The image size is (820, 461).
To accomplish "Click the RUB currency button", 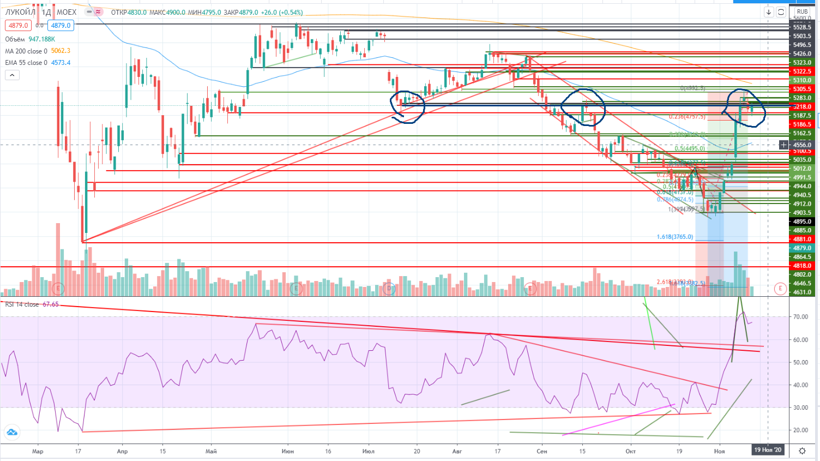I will [x=802, y=11].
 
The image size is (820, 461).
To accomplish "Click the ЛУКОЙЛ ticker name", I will [x=20, y=12].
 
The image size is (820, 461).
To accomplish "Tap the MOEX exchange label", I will [x=67, y=12].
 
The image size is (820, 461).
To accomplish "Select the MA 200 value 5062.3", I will [x=61, y=51].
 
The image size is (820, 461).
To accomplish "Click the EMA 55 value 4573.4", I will [x=61, y=63].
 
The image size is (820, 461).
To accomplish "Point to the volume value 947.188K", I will [x=42, y=39].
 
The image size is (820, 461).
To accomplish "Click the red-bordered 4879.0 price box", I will [x=19, y=26].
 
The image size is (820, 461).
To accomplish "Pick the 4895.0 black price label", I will [x=802, y=221].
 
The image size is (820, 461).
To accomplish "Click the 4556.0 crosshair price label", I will [x=802, y=145].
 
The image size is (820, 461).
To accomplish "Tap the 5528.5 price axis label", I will [x=802, y=27].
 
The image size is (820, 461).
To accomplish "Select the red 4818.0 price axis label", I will [x=802, y=266].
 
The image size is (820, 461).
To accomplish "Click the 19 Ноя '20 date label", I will [x=768, y=450].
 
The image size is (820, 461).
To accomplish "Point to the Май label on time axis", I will [x=211, y=451].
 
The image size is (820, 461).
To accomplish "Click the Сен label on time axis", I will [x=541, y=451].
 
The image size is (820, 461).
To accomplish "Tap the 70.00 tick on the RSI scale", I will [x=800, y=316].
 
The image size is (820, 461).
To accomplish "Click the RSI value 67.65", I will [x=51, y=304].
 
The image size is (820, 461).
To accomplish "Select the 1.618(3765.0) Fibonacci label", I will [x=675, y=237].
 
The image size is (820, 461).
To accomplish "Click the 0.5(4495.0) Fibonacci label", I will [x=690, y=148].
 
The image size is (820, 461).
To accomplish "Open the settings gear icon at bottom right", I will [x=802, y=451].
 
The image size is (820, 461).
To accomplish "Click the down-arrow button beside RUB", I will [x=769, y=12].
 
